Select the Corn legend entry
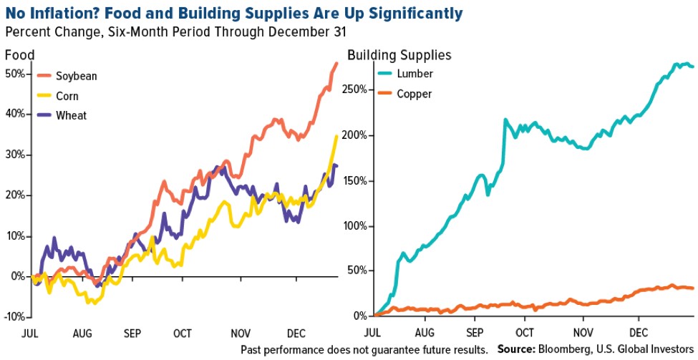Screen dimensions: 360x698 68,95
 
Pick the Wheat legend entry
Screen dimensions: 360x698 71,115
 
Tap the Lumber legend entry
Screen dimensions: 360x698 415,73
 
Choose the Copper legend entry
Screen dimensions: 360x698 414,93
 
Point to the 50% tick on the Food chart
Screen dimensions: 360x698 15,74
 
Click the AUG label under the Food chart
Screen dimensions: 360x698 82,333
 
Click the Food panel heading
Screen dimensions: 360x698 19,55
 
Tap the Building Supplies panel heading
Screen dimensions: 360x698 399,55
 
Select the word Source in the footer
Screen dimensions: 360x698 516,350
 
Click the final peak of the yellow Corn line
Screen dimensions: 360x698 337,136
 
